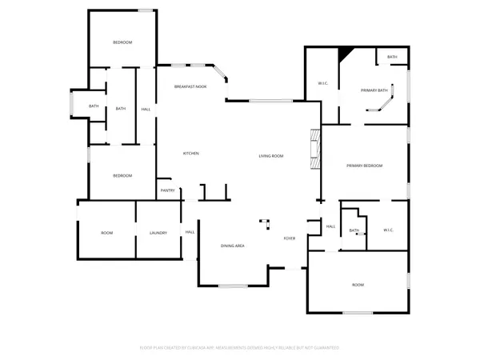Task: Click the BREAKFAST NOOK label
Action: [x=191, y=86]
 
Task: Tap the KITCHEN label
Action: [x=191, y=154]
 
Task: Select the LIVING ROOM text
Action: [x=271, y=156]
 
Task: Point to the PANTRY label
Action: [x=168, y=190]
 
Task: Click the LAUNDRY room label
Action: [x=158, y=233]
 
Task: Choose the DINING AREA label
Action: [x=232, y=246]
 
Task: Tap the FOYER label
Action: [x=290, y=238]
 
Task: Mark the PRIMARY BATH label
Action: [x=374, y=90]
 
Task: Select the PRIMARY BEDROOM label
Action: [x=364, y=166]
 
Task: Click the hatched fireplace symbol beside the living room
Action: [x=315, y=150]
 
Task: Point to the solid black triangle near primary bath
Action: [x=345, y=54]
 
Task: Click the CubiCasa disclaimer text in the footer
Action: [x=239, y=348]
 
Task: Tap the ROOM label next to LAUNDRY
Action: [x=107, y=233]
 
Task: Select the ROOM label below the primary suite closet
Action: [x=358, y=285]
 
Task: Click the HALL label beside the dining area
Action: [x=190, y=232]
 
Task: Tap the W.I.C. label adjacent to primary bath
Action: [x=323, y=83]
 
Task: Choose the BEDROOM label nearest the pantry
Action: [x=122, y=176]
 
